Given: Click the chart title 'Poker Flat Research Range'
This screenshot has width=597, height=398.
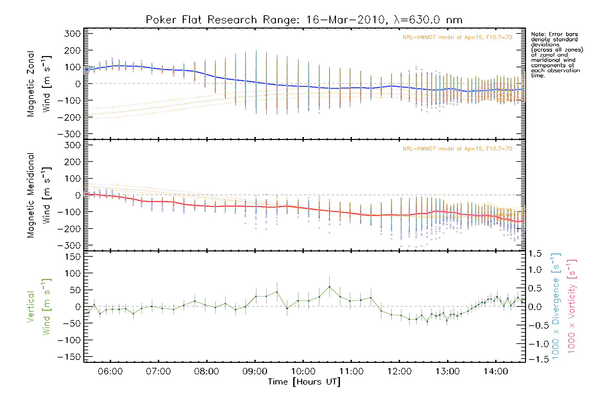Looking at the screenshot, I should click(x=201, y=20).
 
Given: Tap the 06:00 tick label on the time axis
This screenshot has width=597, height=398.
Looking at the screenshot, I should click(x=110, y=371).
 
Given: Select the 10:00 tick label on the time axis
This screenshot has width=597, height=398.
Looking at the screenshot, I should click(x=303, y=371).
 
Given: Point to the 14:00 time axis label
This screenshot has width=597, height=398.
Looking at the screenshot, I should click(x=496, y=371).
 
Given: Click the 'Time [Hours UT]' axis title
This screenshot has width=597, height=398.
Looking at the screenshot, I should click(x=304, y=382).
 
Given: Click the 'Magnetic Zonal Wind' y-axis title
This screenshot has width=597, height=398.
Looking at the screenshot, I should click(x=39, y=84).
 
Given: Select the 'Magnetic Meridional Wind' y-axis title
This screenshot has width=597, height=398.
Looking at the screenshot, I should click(x=39, y=195).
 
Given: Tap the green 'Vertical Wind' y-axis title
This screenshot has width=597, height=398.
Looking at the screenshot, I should click(x=39, y=307).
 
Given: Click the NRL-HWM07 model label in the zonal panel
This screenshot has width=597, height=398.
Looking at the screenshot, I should click(x=457, y=37).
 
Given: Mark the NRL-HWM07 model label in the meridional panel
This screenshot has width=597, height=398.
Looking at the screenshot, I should click(x=457, y=149).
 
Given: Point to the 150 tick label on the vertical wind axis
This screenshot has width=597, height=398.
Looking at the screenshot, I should click(x=73, y=257).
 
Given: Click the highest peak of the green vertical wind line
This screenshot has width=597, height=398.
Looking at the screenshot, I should click(x=329, y=287).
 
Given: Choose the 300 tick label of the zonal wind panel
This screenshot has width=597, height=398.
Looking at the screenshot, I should click(x=73, y=34).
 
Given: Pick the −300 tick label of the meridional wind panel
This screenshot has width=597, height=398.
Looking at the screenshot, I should click(x=69, y=246).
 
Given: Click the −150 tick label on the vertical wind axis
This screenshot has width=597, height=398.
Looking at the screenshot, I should click(x=69, y=357).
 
